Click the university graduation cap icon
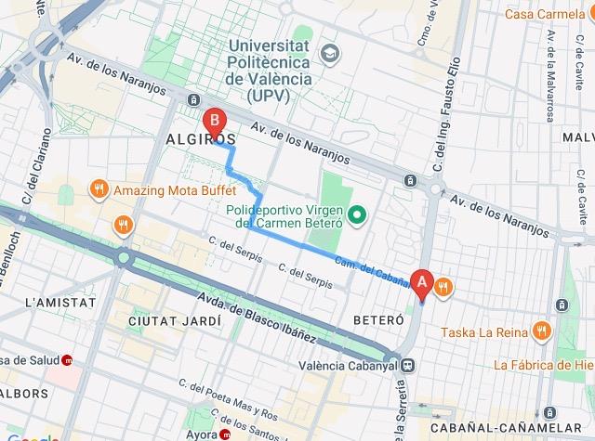point(328,52)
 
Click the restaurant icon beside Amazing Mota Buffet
point(99,190)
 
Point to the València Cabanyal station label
point(344,365)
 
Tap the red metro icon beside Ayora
point(226,435)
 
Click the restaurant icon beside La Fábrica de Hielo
point(481,365)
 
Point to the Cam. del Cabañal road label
point(372,270)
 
